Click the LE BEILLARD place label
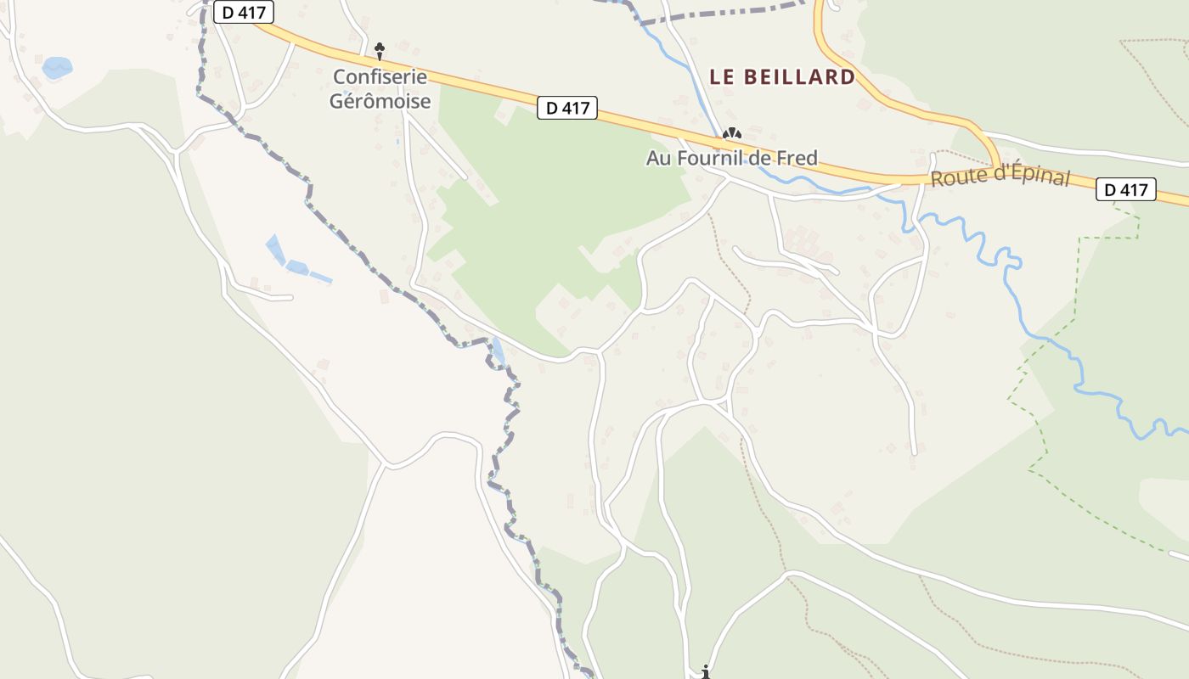tap(782, 76)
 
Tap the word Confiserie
tap(380, 76)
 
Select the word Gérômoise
tap(380, 101)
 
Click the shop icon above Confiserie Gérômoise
tap(380, 48)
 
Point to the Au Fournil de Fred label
tap(731, 158)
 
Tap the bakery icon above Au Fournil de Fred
tap(731, 133)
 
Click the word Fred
tap(799, 158)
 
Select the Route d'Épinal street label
tap(1000, 177)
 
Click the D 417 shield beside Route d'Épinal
tap(1127, 189)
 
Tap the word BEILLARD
tap(799, 76)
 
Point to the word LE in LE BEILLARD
tap(721, 76)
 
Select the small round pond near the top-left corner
tap(57, 67)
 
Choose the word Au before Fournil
tap(659, 158)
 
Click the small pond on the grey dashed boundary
tap(498, 351)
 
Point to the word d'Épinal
tap(1032, 176)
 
